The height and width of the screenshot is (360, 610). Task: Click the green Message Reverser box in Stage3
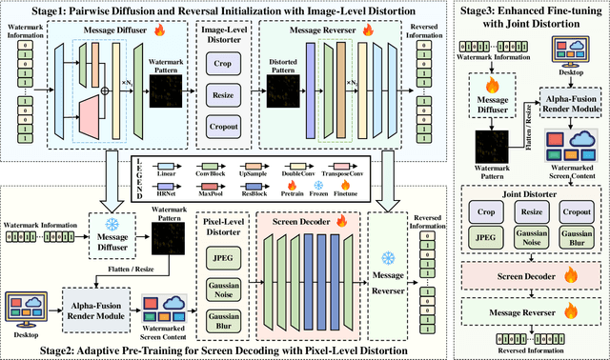(x=530, y=310)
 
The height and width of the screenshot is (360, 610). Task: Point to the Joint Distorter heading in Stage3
(x=530, y=192)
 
